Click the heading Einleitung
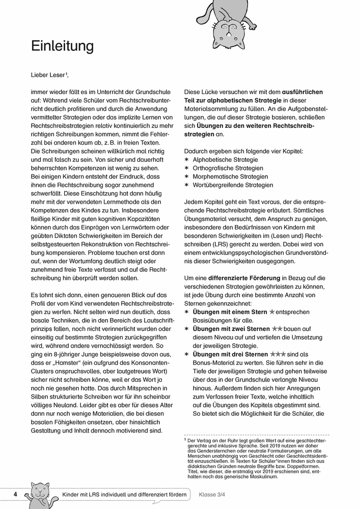tap(63, 46)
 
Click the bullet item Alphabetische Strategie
tap(222, 159)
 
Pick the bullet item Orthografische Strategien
tap(228, 168)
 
